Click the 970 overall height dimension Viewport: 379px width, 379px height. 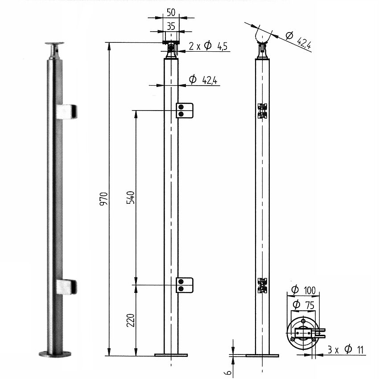click(x=103, y=199)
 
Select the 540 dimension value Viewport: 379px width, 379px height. click(x=131, y=198)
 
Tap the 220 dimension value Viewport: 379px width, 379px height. click(x=131, y=320)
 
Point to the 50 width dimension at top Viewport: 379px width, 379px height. click(x=171, y=12)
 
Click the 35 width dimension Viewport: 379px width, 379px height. click(x=171, y=26)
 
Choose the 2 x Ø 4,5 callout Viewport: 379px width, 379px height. click(x=208, y=45)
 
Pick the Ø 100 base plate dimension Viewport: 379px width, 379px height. click(x=303, y=290)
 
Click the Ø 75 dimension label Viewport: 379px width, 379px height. click(x=303, y=305)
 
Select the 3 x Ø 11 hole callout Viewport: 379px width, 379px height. click(x=346, y=350)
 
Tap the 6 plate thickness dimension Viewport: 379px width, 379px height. click(x=228, y=372)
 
